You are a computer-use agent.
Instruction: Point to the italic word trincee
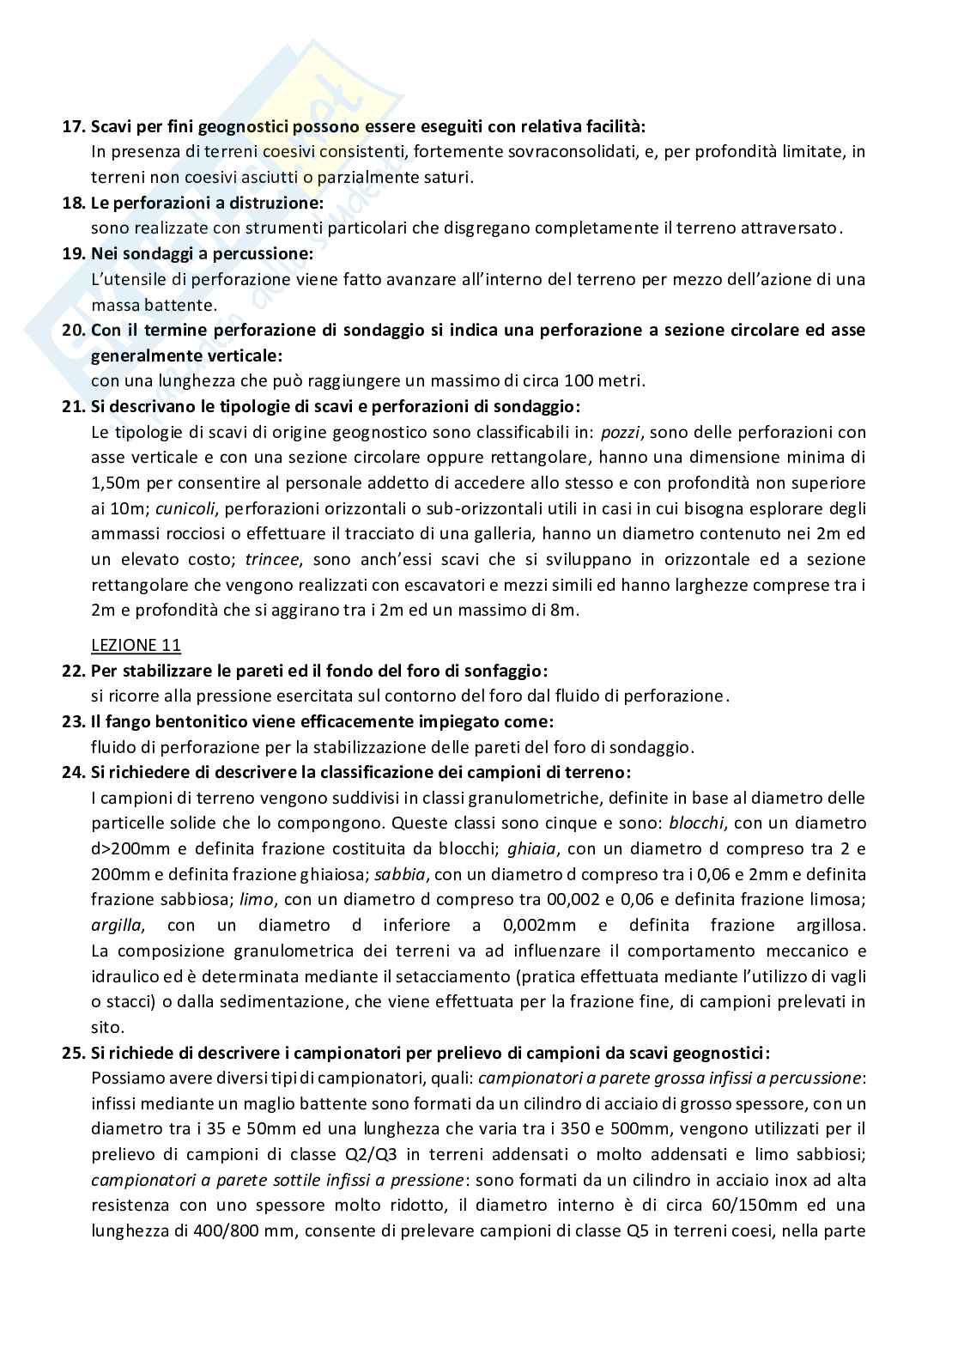(272, 560)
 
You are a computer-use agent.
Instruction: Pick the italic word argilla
(118, 926)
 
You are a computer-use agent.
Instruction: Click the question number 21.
(72, 406)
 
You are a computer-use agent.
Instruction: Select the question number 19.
(72, 254)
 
